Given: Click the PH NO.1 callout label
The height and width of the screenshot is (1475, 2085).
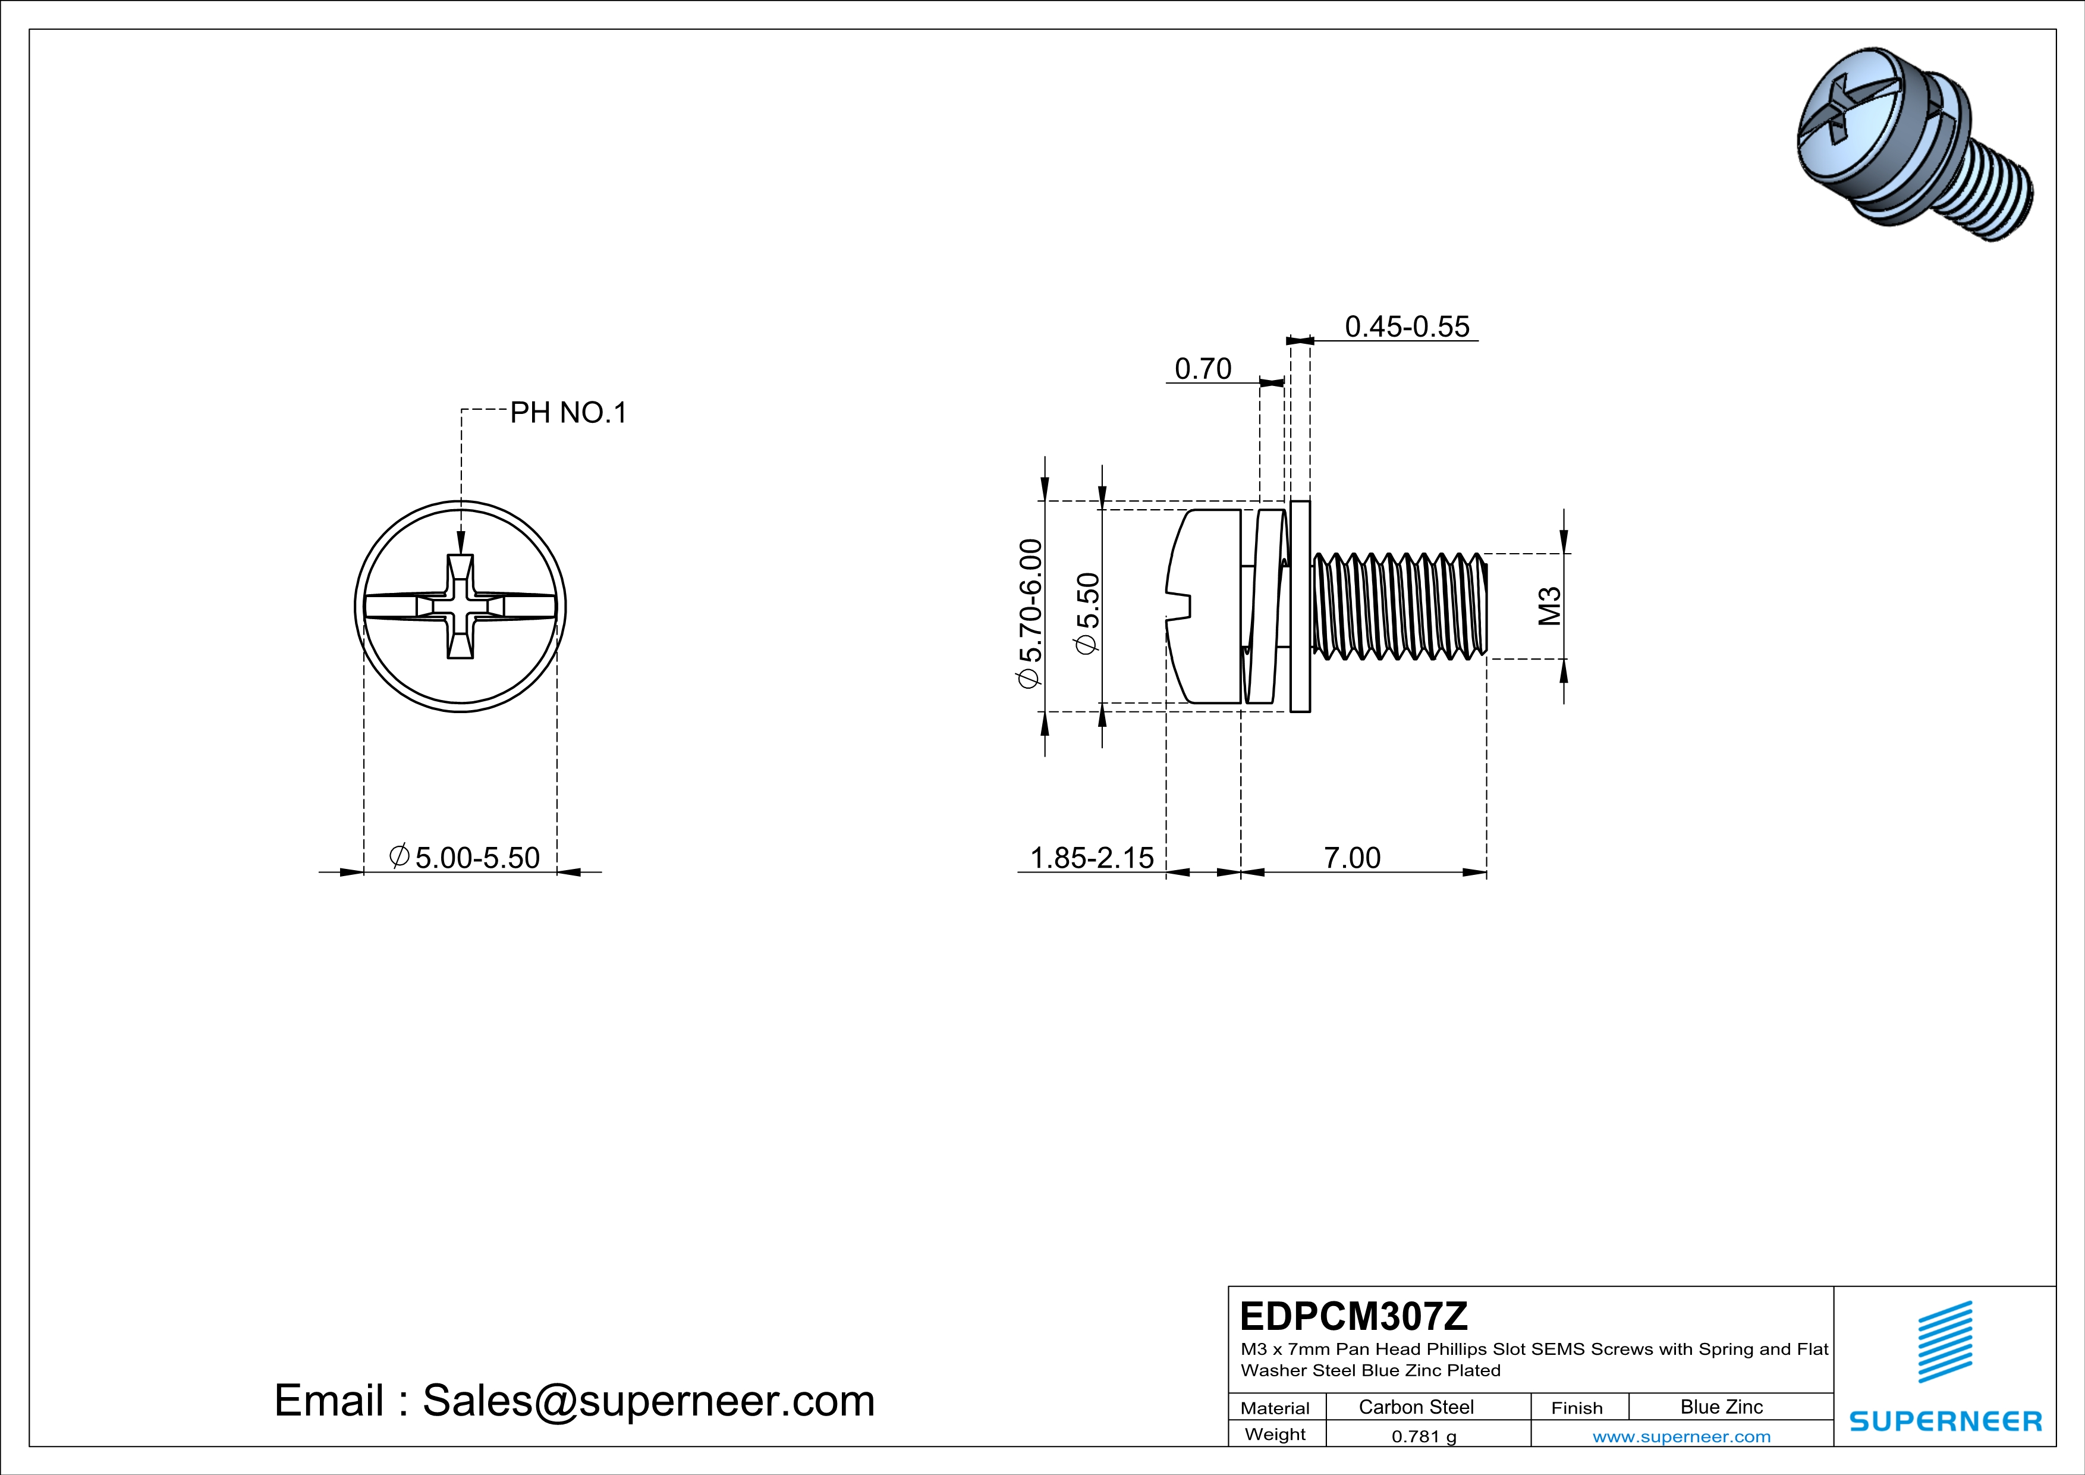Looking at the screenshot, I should (x=568, y=413).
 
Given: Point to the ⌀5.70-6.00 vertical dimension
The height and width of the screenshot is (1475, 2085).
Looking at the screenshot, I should (x=1030, y=614).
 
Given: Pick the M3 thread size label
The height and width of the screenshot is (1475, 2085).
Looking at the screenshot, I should (x=1549, y=606).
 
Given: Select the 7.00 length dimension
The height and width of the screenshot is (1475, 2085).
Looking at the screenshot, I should (x=1351, y=858).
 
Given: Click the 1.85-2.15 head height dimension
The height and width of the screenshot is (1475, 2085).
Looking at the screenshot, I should (x=1092, y=858).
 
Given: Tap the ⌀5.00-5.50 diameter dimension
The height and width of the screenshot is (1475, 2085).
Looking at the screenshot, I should (x=464, y=858).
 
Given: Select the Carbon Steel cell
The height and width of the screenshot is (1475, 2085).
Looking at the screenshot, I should (x=1416, y=1407).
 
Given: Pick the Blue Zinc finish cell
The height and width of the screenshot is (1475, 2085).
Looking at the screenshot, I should (x=1721, y=1407).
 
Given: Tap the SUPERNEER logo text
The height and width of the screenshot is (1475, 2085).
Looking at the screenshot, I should (x=1945, y=1421).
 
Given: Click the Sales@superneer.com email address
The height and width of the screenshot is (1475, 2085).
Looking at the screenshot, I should (x=649, y=1401).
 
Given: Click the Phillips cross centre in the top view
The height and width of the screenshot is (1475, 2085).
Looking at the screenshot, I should (x=460, y=606).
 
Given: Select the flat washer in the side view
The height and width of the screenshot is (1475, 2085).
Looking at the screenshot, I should (x=1300, y=606).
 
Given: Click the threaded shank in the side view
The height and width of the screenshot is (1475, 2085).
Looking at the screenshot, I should (x=1398, y=606).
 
